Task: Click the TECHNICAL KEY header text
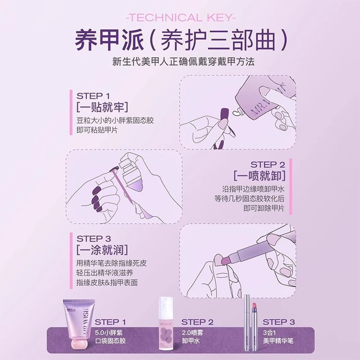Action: [x=180, y=18]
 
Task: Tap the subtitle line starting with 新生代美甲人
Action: [x=180, y=62]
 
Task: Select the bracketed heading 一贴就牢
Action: [x=102, y=108]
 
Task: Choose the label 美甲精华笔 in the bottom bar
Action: [x=278, y=342]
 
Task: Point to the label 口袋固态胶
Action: [x=111, y=342]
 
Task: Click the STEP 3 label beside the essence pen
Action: [x=278, y=322]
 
